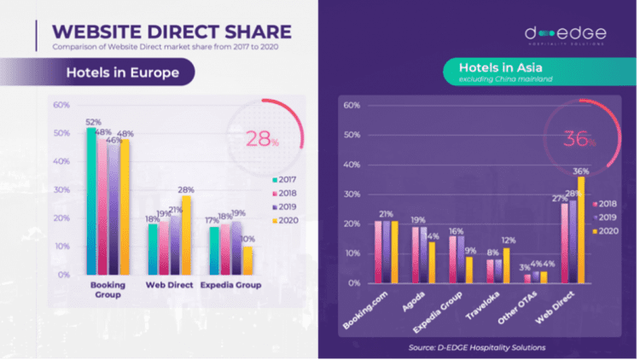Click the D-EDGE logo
tap(566, 35)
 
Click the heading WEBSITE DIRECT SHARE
tap(170, 32)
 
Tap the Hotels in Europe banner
tap(123, 73)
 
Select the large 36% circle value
tap(579, 139)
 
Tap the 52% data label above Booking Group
tap(91, 122)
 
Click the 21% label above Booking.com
tap(386, 214)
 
